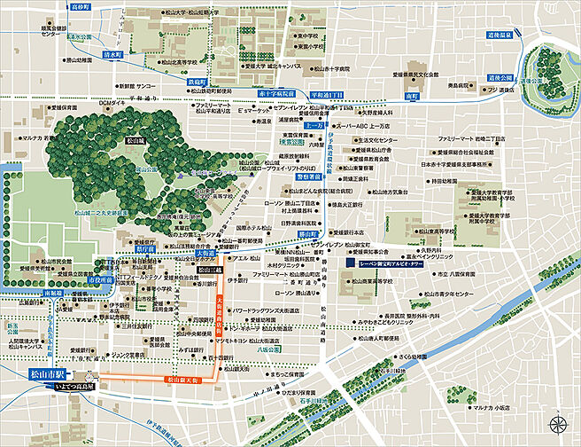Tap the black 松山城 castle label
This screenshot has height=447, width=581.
tap(135, 139)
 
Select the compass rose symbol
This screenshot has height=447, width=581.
tap(558, 423)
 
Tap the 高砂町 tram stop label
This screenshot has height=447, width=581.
tap(82, 6)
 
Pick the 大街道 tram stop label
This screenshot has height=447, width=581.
tap(205, 253)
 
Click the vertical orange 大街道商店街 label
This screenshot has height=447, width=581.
tap(220, 315)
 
